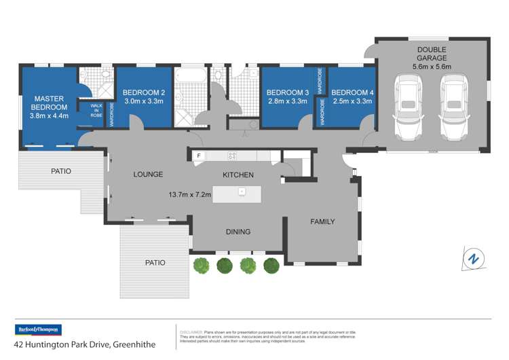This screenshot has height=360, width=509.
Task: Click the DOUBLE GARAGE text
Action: [x=432, y=54]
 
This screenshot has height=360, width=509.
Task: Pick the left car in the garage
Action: [x=408, y=105]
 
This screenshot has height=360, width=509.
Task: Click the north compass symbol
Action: [x=474, y=259]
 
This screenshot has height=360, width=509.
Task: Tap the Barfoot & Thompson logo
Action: [x=39, y=329]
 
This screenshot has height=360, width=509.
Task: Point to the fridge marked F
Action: [x=198, y=156]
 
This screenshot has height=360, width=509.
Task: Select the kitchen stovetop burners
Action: [x=231, y=156]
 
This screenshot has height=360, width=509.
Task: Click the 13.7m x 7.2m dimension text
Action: [x=190, y=194]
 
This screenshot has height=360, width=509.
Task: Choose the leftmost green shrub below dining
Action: [x=202, y=265]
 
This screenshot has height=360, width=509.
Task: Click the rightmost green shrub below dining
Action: [x=271, y=265]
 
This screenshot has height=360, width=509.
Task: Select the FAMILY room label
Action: [x=322, y=221]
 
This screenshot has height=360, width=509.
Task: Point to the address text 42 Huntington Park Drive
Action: [x=85, y=344]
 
